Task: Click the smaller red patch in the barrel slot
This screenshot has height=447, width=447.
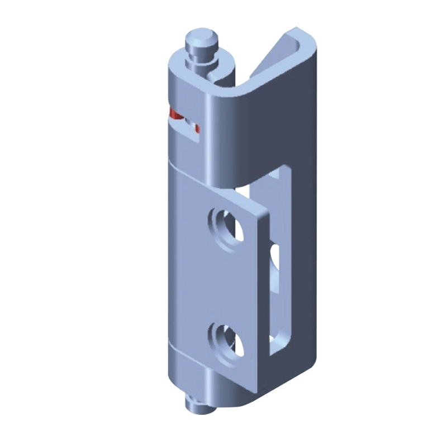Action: (x=196, y=131)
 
